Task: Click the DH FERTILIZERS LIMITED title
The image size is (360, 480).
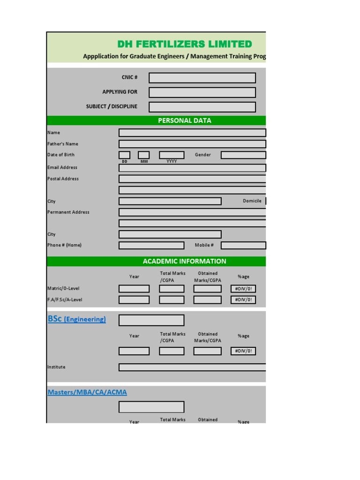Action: [184, 44]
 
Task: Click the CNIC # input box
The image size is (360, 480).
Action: [202, 78]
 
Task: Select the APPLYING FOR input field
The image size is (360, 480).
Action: [202, 92]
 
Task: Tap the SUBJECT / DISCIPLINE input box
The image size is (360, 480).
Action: [202, 107]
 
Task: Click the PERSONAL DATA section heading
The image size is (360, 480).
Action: [184, 120]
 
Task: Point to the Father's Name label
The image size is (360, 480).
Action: [63, 144]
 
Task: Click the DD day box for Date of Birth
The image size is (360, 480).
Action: [124, 155]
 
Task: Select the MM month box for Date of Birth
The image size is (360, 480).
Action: [143, 155]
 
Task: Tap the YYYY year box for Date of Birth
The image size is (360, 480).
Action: [172, 155]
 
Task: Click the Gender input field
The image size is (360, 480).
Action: [243, 155]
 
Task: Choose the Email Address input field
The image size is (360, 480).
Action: [192, 168]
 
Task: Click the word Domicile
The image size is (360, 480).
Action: [252, 201]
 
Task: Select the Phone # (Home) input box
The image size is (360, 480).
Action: [151, 245]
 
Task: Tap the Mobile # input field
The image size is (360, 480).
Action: [243, 245]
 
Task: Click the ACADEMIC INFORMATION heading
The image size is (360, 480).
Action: [184, 261]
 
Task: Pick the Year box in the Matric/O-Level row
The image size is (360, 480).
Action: [134, 289]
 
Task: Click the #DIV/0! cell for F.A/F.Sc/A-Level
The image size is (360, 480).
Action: [243, 300]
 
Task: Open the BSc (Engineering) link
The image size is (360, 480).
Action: [77, 319]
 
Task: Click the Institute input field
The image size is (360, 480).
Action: [192, 367]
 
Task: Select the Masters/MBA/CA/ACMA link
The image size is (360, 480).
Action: [87, 392]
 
